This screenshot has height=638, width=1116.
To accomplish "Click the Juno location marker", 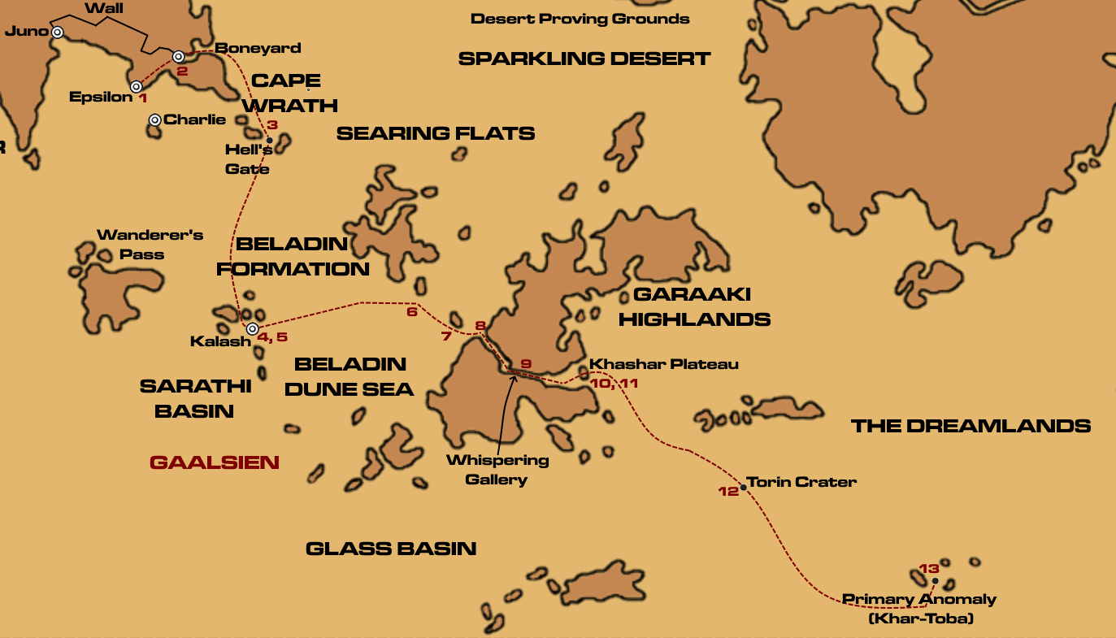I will pos(58,33).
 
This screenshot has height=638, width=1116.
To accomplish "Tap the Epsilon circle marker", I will pos(137,87).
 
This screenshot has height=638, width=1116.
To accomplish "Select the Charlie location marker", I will pos(154,120).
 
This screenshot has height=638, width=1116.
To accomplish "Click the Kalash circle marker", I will pos(252,329).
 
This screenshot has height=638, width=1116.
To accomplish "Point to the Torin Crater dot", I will pos(743,488).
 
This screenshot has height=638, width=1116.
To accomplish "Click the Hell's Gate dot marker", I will pos(269,141).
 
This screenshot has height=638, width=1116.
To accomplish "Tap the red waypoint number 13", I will pos(929,569).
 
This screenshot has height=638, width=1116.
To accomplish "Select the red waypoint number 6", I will pos(411,311).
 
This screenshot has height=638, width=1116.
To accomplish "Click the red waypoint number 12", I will pos(727,491).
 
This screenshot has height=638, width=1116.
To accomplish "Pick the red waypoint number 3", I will pos(272,125).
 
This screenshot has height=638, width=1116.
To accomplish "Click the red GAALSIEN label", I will pos(215,462).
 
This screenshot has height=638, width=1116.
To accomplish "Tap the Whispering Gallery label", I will pos(497,470).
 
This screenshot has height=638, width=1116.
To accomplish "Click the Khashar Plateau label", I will pos(664,364).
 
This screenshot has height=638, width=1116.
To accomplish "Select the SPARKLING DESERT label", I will pos(584,59).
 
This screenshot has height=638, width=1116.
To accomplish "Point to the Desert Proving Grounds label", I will pos(580,19).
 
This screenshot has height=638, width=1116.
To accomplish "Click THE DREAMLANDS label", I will pos(971,426).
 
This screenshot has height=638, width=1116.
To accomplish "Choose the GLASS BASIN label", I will pos(391,549).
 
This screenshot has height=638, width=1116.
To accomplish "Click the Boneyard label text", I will pos(258,48).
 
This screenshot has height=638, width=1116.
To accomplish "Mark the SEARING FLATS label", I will pos(436,133).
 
